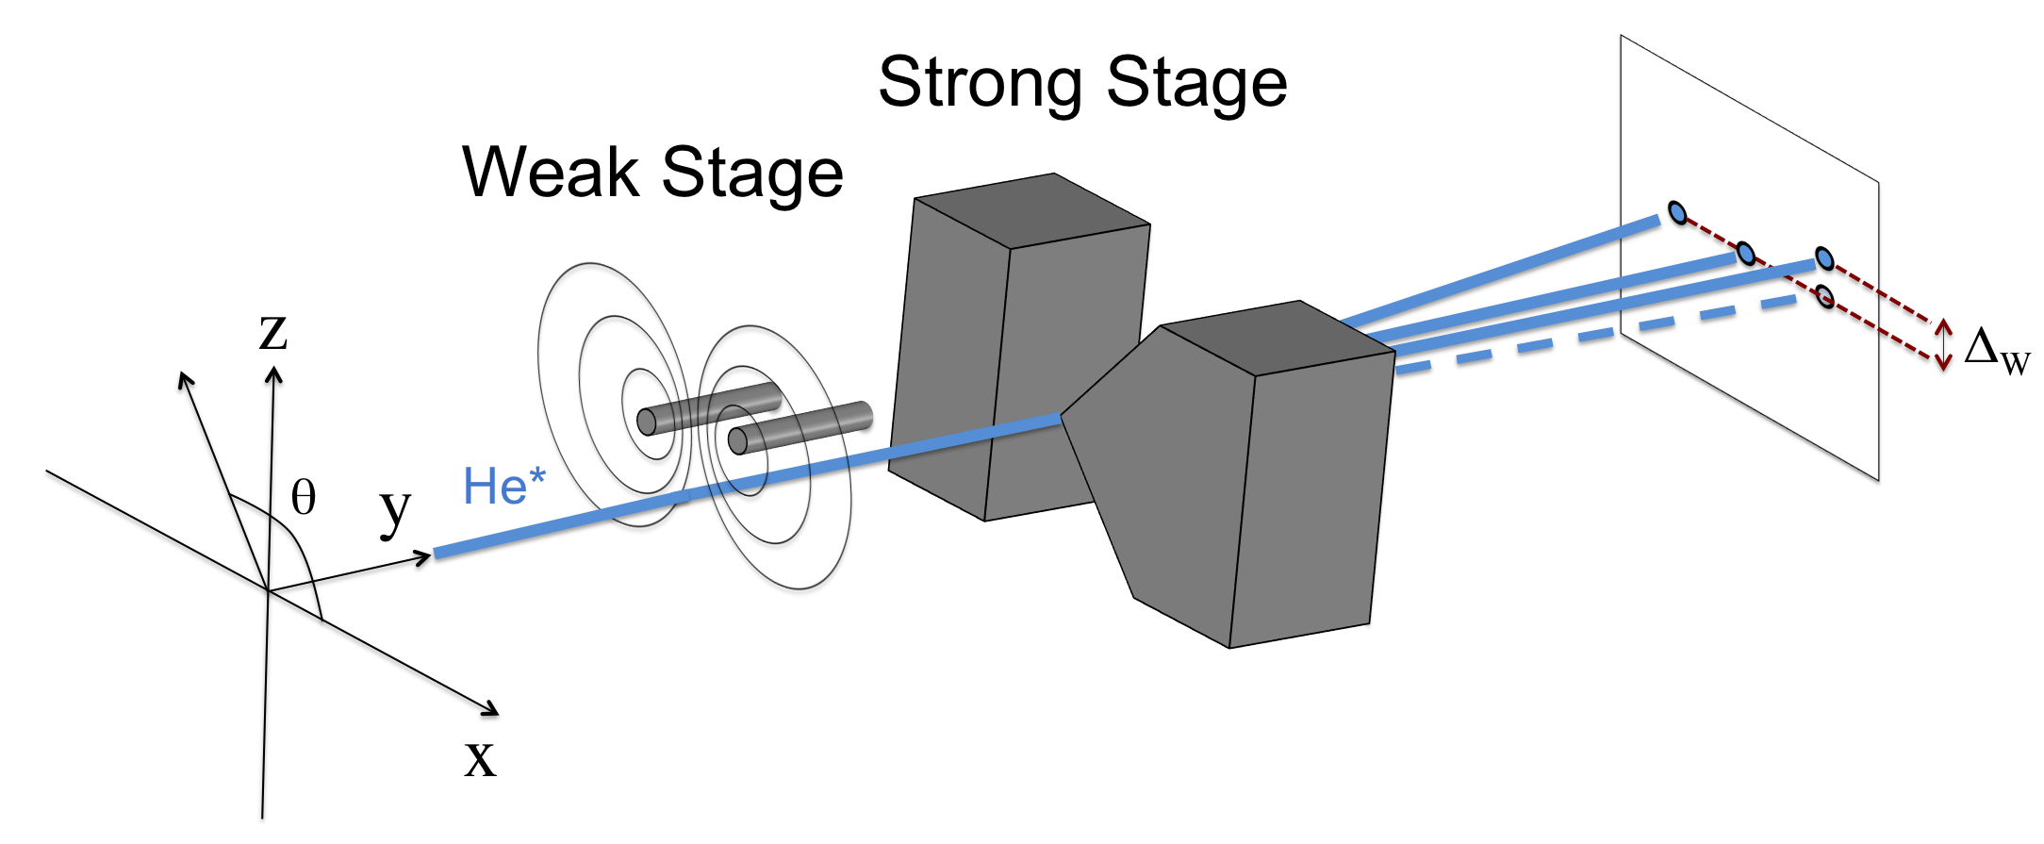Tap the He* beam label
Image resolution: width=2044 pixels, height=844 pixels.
pos(503,487)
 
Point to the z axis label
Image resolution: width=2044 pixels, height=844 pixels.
pos(272,332)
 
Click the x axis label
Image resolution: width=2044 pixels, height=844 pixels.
pos(480,757)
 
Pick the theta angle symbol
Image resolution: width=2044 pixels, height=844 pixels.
pos(303,497)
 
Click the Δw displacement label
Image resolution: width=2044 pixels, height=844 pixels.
pos(1995,351)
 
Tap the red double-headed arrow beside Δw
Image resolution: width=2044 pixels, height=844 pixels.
pos(1943,344)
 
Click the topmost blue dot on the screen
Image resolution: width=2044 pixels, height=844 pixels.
pos(1677,213)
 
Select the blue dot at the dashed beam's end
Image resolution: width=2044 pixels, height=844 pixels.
pos(1825,297)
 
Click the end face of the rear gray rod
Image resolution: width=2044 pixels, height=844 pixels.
pos(647,422)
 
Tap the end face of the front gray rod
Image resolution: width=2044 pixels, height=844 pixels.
pos(738,440)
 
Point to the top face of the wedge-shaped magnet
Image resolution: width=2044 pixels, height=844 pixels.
pos(1277,338)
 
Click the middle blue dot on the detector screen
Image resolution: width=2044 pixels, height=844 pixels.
pos(1745,254)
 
